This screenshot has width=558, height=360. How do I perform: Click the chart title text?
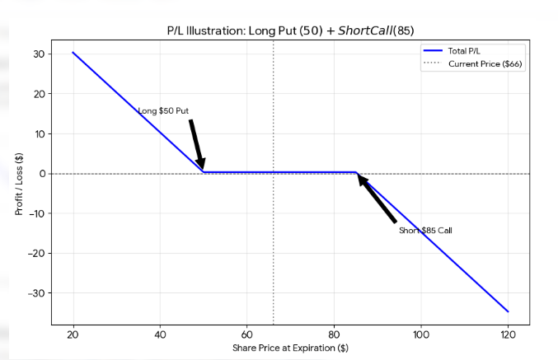click(x=291, y=30)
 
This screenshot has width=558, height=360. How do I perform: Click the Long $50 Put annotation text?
click(x=162, y=110)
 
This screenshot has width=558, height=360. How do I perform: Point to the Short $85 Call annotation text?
click(x=425, y=231)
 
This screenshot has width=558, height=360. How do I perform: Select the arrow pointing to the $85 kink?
click(x=377, y=199)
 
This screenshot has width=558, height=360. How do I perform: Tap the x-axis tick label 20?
click(x=73, y=334)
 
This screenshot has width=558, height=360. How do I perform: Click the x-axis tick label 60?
click(x=247, y=334)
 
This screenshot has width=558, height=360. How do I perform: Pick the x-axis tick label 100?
click(x=421, y=334)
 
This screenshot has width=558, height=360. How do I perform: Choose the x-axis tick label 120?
click(x=508, y=334)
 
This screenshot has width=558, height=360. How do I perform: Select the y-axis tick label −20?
click(x=36, y=254)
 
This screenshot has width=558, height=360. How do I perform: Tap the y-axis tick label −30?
click(x=36, y=293)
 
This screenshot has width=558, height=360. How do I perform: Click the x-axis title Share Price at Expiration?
click(x=291, y=349)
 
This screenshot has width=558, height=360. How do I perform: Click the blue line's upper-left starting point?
click(x=73, y=53)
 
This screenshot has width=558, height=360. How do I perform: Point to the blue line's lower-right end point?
click(x=508, y=311)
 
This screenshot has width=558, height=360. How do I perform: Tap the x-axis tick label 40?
click(x=160, y=334)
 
